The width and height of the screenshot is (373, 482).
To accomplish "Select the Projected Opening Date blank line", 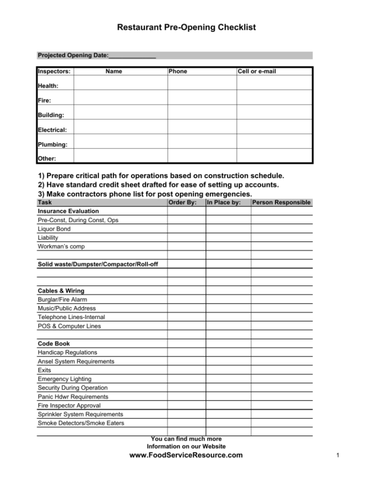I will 132,56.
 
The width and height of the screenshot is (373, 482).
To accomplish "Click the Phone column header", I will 178,71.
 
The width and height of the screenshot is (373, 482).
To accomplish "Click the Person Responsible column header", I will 282,202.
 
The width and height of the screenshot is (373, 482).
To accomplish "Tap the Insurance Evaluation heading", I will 68,211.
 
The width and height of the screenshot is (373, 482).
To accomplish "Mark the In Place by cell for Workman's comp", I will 228,246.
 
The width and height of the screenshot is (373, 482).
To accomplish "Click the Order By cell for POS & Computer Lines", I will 186,326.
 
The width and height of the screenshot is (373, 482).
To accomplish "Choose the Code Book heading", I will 53,344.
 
